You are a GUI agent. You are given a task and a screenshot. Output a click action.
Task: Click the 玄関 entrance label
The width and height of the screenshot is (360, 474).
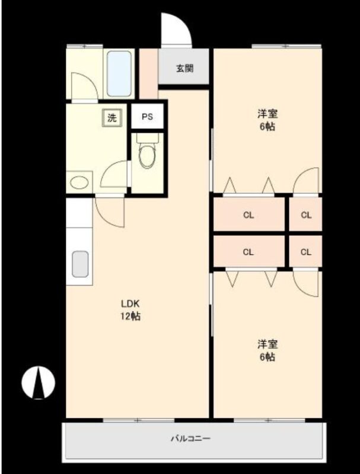coord(184,69)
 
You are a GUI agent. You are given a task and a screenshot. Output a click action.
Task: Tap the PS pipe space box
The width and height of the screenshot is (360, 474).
coord(147,116)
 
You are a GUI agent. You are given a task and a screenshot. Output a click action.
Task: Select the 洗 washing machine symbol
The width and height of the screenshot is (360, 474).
coord(112,117)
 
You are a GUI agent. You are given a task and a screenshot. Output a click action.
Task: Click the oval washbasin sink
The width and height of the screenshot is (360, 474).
coord(79,182)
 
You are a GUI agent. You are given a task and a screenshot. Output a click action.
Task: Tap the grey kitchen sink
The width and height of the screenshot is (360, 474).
coord(80,264)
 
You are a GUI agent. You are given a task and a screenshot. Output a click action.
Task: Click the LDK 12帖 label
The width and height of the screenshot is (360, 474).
coord(130,309)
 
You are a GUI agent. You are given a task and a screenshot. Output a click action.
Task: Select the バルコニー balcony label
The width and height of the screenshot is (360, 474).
coord(190,438)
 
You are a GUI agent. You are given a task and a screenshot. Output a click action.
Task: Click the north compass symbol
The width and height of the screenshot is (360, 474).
coord(38,382)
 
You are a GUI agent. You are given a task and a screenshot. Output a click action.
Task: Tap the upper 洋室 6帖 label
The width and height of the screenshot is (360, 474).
coord(267,120)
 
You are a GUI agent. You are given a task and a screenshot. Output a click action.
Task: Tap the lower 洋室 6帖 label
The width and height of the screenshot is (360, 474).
coord(267,351)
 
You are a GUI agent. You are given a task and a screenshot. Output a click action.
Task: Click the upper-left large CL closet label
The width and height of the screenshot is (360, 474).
coord(249,215)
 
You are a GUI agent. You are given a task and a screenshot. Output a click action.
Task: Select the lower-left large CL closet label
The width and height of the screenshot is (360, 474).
coord(248,252)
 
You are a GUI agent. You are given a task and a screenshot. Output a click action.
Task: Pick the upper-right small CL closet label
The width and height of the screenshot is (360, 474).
coord(306,215)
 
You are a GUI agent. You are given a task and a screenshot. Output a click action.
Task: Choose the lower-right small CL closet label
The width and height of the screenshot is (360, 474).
coord(306,252)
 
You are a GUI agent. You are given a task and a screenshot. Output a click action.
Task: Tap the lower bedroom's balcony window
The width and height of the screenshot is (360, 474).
coord(269,420)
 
